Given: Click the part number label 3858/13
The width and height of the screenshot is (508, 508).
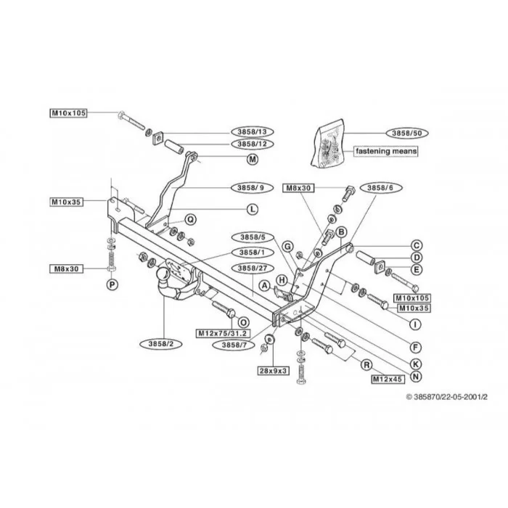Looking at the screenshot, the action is tap(253, 132).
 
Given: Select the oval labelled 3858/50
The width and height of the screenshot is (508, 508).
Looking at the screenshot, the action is tap(407, 133).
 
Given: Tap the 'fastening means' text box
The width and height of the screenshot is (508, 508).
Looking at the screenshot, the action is tap(386, 151).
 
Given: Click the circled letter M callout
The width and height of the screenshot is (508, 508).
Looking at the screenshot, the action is tap(253, 159).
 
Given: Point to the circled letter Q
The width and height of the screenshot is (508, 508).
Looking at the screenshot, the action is tap(190, 220).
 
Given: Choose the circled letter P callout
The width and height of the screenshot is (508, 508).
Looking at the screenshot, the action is tap(112, 284).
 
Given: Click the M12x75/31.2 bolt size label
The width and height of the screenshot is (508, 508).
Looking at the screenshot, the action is tap(223, 333).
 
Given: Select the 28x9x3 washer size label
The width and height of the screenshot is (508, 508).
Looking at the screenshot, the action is tap(274, 371).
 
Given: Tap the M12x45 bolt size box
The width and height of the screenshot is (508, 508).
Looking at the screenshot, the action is tap(388, 379).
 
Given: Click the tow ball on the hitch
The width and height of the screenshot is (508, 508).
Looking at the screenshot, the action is tap(163, 274).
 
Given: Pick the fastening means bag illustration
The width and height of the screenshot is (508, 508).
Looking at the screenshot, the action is tap(327, 144).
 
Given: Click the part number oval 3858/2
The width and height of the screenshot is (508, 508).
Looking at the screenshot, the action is tap(161, 344).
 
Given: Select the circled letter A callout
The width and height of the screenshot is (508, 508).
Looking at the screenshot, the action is tap(265, 286).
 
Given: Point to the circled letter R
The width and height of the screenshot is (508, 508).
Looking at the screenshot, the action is tap(366, 365).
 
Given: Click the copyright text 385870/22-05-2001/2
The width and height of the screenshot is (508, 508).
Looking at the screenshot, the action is tap(447, 397).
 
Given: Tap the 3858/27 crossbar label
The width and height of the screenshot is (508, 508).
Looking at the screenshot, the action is tap(253, 269).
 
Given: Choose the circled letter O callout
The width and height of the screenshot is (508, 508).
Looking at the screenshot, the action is tap(243, 322).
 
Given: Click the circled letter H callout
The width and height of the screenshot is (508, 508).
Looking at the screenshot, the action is tap(282, 280).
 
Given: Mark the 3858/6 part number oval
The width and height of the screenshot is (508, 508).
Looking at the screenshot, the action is tap(380, 187).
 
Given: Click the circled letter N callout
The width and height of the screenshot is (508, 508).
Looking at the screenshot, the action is tap(416, 376).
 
